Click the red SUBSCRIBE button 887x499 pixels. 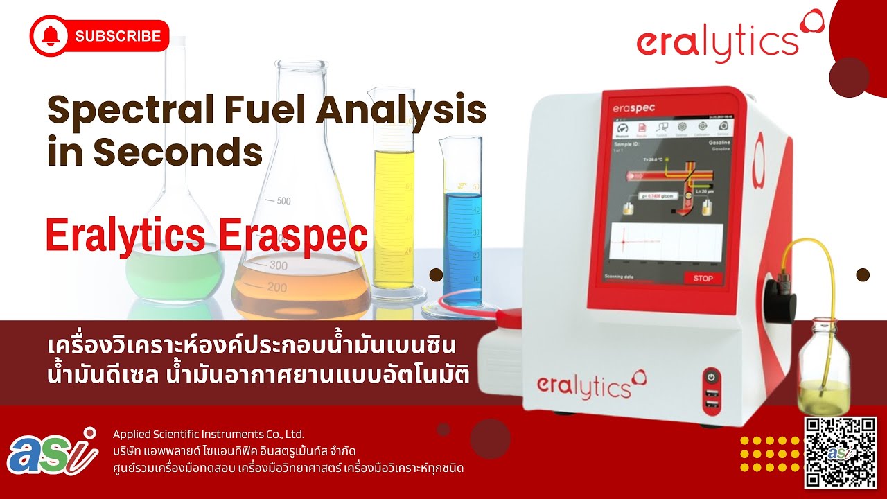tap(99, 36)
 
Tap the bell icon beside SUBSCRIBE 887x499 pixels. tap(51, 36)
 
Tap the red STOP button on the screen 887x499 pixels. tap(703, 278)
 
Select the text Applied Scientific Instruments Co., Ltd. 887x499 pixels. tap(209, 435)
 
